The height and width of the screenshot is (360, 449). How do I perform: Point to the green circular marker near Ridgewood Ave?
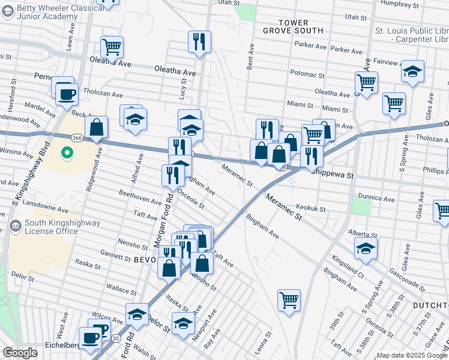(67, 154)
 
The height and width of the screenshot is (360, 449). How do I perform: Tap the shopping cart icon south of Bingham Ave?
(289, 299)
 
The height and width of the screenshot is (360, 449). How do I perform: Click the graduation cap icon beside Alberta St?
(366, 248)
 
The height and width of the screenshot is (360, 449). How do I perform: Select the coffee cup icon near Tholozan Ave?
(67, 94)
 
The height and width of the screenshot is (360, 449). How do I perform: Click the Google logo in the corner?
(20, 353)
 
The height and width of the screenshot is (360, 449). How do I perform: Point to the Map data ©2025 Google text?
(412, 355)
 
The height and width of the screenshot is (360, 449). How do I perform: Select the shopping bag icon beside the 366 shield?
(96, 127)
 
